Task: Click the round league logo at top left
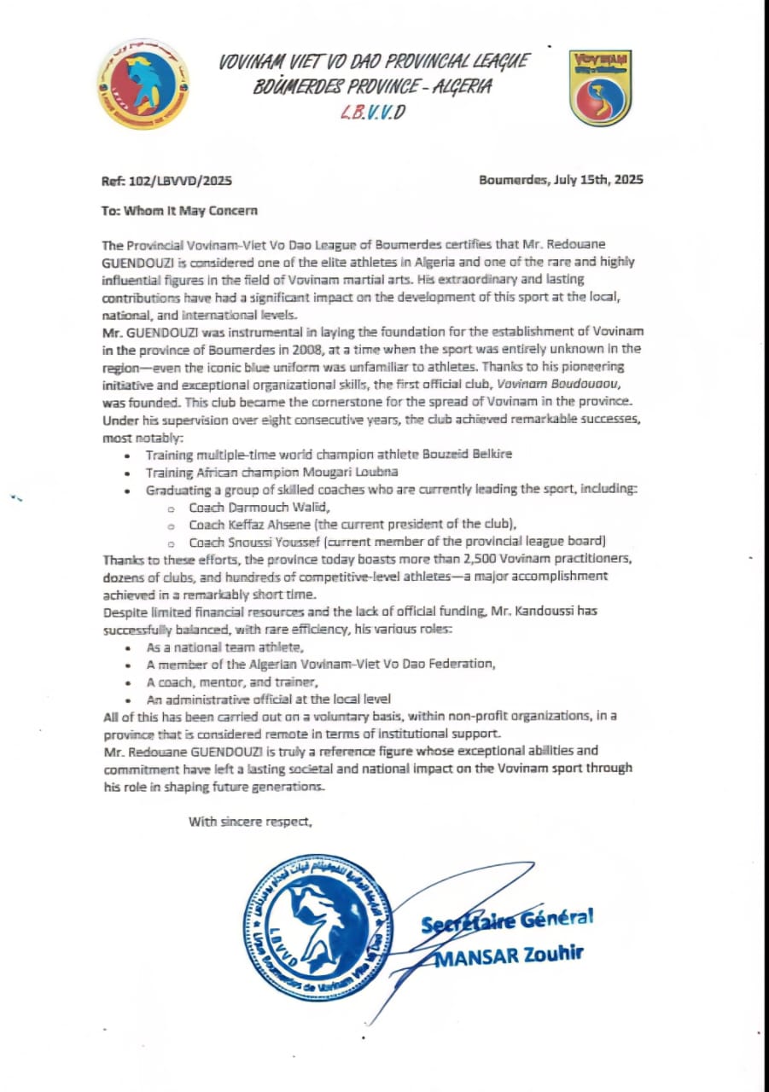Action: coord(143,84)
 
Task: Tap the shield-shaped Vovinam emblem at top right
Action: coord(600,88)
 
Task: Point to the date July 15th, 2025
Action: coord(597,180)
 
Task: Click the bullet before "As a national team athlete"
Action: coord(127,648)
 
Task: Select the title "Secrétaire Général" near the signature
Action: coord(505,921)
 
